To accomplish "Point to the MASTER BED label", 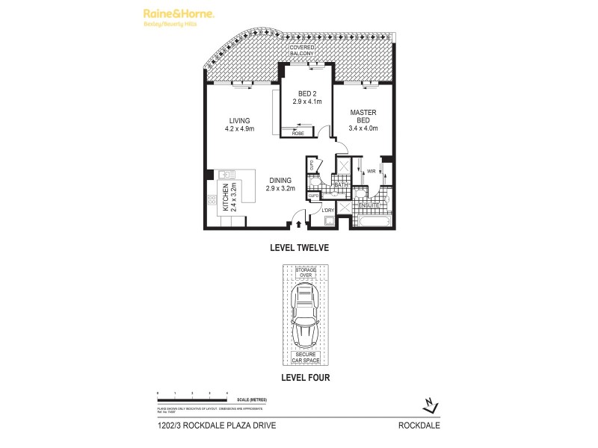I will pos(363,119).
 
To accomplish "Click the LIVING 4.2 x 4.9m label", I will pos(239,124).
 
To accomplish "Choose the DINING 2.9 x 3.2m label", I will pos(281,184).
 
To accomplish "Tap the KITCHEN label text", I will pos(227,198).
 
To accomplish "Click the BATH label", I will pos(341,184).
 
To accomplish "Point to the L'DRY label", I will pos(327,210).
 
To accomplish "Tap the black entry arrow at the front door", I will pos(300,222).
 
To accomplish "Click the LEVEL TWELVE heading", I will pos(299,247).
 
